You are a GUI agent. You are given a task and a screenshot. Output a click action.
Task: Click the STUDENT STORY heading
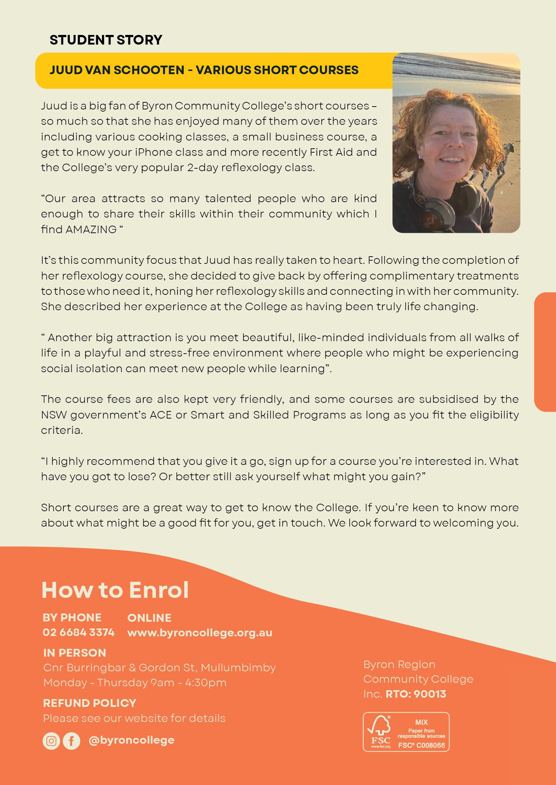pos(106,40)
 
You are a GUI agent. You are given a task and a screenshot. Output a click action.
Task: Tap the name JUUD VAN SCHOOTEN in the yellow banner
pos(117,70)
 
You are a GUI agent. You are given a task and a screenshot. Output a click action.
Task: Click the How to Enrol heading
pos(115,590)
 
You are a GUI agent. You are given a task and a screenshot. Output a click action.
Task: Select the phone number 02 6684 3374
pos(78,632)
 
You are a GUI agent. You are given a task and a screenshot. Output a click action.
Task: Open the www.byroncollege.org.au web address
pos(200,632)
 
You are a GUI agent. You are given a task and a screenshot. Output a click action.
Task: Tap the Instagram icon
pos(51,741)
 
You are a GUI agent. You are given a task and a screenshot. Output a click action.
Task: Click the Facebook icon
pos(71,741)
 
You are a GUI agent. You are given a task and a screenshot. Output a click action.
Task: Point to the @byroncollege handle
pos(132,740)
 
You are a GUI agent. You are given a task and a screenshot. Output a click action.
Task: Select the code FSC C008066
pos(422,745)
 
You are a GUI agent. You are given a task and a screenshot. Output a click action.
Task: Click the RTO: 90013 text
pos(416,694)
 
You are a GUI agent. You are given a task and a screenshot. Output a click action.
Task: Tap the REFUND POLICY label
pos(89,703)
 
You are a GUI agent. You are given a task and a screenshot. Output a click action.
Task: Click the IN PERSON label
pos(74,653)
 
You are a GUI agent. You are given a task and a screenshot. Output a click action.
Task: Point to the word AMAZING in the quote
pos(91,229)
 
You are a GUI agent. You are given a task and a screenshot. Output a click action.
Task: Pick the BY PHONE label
pos(72,617)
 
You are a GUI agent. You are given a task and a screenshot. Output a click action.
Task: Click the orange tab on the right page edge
pos(545,352)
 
